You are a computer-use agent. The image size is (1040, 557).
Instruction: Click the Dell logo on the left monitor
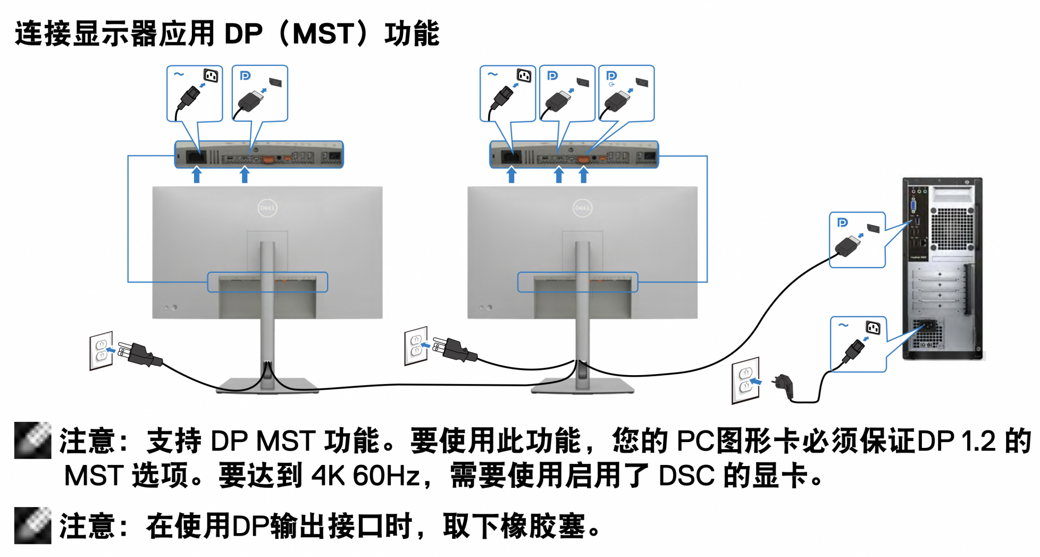pos(267,208)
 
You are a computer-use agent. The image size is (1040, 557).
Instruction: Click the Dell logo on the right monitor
pos(582,208)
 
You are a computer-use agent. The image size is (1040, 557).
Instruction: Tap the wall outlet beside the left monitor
pos(101,351)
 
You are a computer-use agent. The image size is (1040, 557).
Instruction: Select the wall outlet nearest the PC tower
pos(745,380)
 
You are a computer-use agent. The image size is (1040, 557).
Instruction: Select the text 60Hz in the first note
pos(386,475)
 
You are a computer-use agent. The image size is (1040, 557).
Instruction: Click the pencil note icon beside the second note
pos(32,525)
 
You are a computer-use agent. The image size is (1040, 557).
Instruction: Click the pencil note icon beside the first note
pos(32,440)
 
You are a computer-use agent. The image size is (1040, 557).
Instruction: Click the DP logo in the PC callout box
pos(842,223)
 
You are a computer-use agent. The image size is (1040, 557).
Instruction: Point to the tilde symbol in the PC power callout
pos(843,325)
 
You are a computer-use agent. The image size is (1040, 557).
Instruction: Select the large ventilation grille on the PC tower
pos(952,229)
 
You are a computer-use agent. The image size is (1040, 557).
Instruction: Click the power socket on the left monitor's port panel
pos(196,156)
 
